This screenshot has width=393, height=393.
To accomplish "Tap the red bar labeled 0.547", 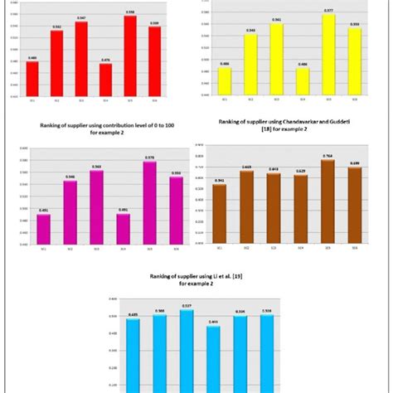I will (x=81, y=59).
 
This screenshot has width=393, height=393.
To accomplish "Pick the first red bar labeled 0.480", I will (x=32, y=78).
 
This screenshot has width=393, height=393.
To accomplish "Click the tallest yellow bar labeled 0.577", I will (x=328, y=55).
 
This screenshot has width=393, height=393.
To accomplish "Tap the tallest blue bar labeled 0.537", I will (x=187, y=348).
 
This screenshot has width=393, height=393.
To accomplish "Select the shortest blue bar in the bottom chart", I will (x=213, y=357).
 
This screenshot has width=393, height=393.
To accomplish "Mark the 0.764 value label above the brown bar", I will (x=327, y=155).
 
